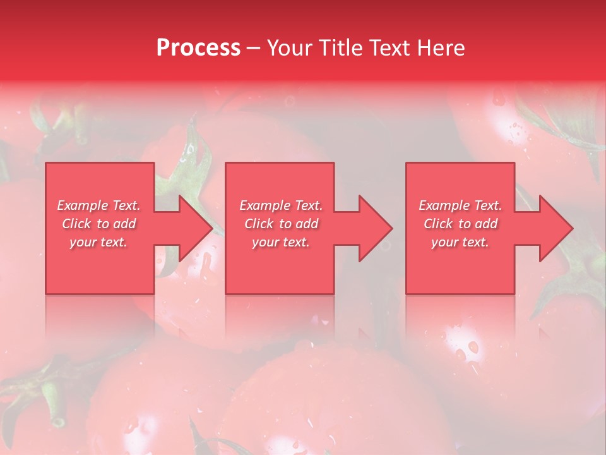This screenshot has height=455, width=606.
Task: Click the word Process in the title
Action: point(198,48)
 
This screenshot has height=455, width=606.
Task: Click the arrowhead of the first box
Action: point(194,228)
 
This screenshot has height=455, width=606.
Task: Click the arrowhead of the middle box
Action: point(374,228)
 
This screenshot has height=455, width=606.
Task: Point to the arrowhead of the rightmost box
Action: point(555,228)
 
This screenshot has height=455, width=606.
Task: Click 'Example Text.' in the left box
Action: point(99,205)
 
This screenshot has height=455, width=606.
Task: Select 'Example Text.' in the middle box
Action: point(281,205)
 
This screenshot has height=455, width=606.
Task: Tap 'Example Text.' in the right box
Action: point(460,205)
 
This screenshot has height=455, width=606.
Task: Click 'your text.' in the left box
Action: point(99,242)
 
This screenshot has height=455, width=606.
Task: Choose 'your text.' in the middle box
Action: point(281,242)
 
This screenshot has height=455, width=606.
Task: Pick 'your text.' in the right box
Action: point(460,242)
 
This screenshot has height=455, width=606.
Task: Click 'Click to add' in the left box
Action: point(99,224)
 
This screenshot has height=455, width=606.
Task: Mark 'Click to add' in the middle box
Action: point(281,224)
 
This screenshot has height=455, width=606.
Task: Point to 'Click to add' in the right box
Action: point(460,224)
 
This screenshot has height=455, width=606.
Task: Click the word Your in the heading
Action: point(287,48)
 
